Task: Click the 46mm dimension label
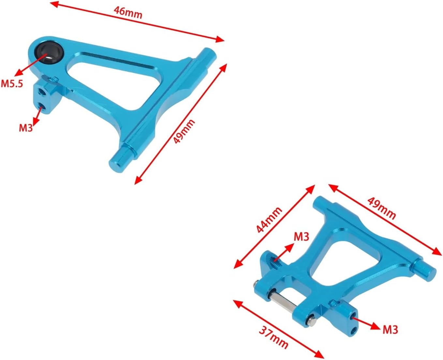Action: pos(128,12)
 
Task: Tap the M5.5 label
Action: pos(12,83)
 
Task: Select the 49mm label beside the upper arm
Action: pos(184,131)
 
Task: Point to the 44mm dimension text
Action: pos(269,220)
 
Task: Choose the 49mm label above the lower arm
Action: pos(382,208)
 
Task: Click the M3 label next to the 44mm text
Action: pos(301,236)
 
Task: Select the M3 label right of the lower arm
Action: pos(390,329)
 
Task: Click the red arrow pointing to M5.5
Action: pos(31,64)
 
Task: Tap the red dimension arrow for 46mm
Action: pos(137,21)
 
